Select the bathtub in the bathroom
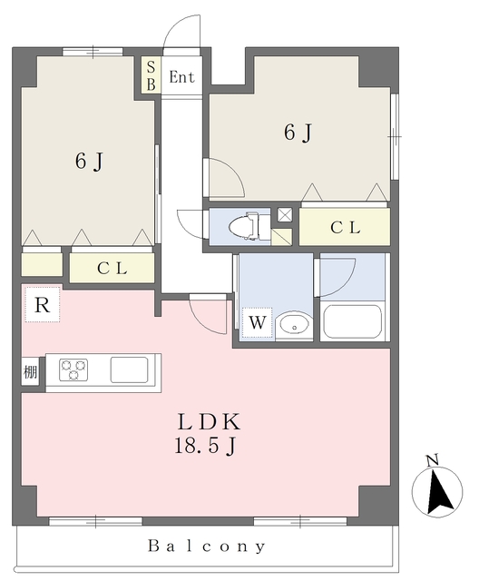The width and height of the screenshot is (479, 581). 353,321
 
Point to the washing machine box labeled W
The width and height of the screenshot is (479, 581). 257,322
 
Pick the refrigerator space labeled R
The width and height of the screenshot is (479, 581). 42,305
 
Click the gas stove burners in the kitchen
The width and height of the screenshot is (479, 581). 74,369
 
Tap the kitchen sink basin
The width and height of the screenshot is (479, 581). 129,369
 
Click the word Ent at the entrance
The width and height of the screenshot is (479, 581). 181,78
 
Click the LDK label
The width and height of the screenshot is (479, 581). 208,422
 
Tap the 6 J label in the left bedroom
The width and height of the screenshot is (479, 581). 88,162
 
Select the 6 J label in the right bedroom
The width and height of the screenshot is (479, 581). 298,133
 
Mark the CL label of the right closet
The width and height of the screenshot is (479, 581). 344,228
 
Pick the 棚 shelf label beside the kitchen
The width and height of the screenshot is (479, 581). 30,372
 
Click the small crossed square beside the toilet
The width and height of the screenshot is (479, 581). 284,215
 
